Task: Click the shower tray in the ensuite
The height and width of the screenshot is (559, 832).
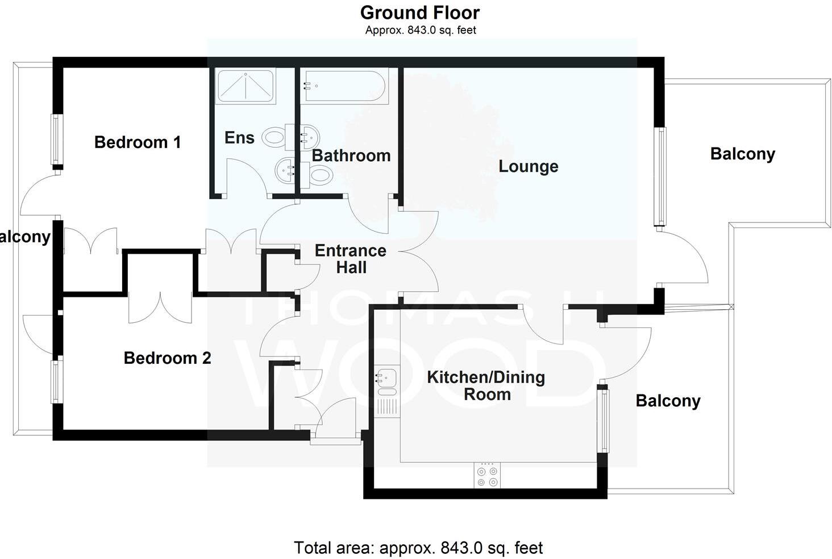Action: [x=246, y=86]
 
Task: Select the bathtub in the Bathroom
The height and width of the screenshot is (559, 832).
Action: [x=344, y=86]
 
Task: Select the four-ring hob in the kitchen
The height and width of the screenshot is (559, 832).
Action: [x=488, y=476]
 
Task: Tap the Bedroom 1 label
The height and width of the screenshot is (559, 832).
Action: [x=138, y=142]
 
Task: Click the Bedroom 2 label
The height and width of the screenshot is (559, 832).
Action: [x=167, y=358]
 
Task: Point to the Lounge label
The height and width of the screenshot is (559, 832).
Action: [x=528, y=166]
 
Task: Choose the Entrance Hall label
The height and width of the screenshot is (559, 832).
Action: [x=351, y=259]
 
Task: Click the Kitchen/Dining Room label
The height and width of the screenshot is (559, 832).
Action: [x=486, y=385]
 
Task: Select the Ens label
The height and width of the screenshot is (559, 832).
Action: [x=239, y=137]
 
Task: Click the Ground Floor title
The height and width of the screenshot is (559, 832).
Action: [x=420, y=12]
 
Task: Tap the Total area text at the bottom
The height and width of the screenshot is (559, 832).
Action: [x=418, y=548]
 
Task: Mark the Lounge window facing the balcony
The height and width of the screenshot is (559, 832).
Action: [x=660, y=176]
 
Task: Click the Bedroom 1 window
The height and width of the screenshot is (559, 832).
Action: [x=56, y=140]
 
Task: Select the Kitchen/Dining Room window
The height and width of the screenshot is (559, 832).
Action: [x=603, y=421]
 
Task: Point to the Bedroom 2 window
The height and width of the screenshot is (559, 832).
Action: [x=56, y=382]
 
